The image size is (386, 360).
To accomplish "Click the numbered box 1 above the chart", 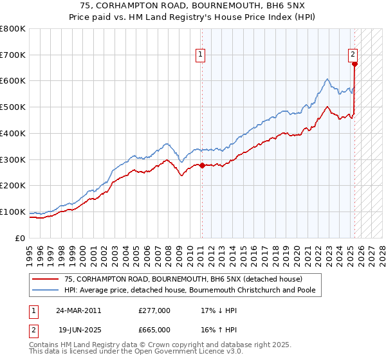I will [201, 55].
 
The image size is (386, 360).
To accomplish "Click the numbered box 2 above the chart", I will [353, 55].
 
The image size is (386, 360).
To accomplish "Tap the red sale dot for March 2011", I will [202, 165].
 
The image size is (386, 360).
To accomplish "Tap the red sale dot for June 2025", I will [354, 64].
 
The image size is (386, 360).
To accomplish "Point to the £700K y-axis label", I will [13, 55].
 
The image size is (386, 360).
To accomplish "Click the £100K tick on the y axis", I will [13, 212].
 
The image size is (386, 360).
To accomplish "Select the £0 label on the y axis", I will [21, 238].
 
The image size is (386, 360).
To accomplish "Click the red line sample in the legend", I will [45, 279].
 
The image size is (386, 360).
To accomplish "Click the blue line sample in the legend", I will [45, 290].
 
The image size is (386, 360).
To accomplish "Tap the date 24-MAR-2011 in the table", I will [78, 310].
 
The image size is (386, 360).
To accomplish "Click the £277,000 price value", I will [154, 310].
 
